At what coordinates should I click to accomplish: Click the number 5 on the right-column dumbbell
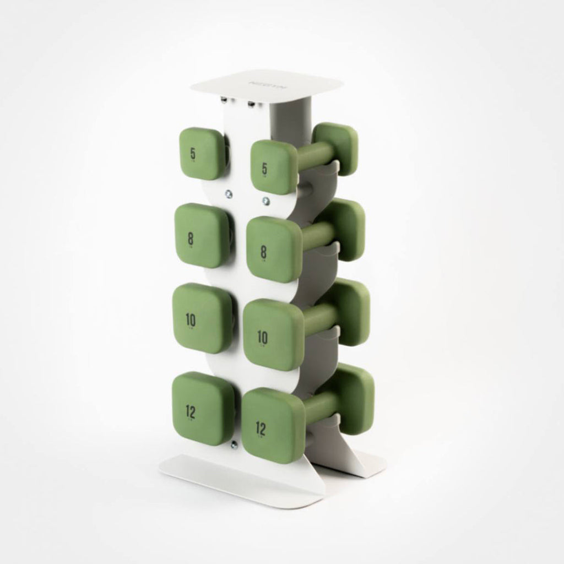(265, 169)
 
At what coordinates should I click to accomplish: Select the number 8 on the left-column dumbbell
(191, 238)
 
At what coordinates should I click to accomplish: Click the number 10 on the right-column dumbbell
(263, 337)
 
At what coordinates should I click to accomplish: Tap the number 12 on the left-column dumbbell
(191, 410)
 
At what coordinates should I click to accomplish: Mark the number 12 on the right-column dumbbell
(261, 427)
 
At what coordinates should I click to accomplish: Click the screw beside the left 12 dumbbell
(236, 442)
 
